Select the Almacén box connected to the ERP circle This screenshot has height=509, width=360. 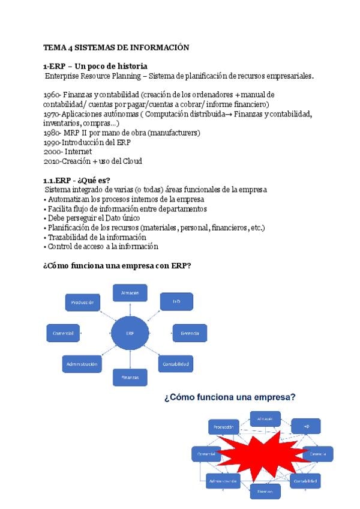130,292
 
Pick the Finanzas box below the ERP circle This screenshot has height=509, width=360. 130,377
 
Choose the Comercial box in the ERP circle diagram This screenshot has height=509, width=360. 64,333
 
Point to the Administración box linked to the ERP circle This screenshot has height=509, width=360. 80,363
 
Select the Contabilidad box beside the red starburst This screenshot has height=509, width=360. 305,481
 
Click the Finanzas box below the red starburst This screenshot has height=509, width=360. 265,491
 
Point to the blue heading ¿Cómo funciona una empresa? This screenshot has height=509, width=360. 230,397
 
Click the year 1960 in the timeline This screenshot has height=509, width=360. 52,95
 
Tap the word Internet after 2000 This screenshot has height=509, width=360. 79,152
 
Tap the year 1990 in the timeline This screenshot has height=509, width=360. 52,142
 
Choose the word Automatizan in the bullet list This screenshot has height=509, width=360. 71,199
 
